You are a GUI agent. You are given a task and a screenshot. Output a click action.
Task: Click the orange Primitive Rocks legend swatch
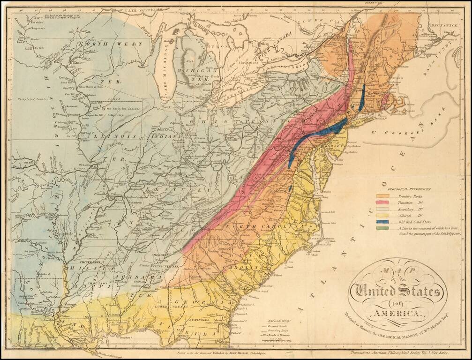382,196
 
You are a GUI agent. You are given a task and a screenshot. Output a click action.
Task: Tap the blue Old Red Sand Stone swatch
382,221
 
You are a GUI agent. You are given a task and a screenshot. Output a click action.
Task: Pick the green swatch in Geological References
382,228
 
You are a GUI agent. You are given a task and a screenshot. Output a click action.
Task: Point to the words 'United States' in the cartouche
397,293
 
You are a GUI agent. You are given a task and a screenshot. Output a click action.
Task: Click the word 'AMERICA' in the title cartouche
397,313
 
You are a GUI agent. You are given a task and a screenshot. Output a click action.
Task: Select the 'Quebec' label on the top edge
365,3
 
